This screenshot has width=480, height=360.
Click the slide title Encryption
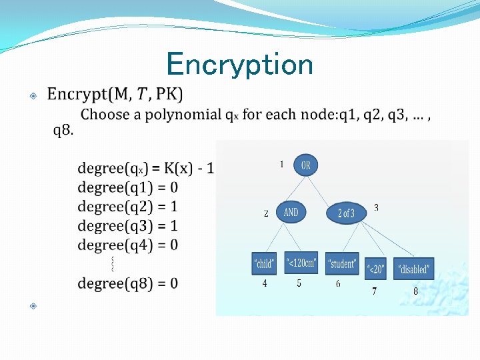239,65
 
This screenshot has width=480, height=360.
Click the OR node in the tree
305,165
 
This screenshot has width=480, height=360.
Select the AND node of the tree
291,213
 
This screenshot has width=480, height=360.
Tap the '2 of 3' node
346,213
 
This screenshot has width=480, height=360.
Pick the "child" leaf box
264,264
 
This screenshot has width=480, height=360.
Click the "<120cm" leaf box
301,263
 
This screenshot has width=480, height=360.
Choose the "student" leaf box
342,264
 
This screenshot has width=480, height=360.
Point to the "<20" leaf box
376,269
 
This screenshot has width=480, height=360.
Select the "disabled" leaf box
413,269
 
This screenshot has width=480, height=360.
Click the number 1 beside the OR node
281,164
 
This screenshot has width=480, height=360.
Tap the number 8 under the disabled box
415,291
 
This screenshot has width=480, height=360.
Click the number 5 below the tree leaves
299,283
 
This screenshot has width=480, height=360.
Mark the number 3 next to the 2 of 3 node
376,208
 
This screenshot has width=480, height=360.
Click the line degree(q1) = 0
128,188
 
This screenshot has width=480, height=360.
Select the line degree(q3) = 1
128,226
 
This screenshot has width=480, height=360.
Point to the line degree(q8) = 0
128,283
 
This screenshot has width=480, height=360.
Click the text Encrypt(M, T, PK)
115,94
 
